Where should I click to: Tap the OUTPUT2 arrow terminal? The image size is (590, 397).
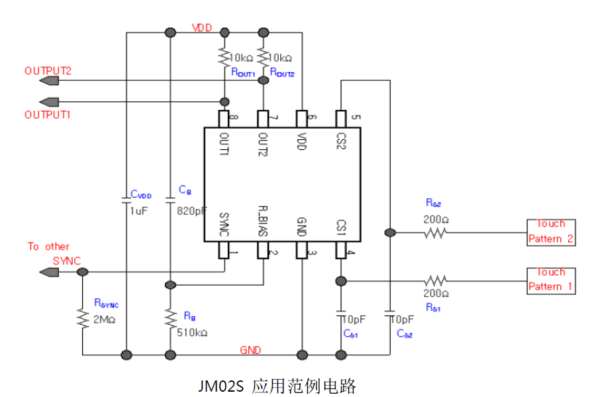[x=48, y=81]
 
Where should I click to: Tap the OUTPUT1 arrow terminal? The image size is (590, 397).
[x=48, y=101]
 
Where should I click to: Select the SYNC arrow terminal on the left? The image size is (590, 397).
[x=48, y=272]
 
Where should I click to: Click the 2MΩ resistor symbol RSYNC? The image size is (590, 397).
[x=83, y=320]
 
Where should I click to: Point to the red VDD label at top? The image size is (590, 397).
[x=202, y=28]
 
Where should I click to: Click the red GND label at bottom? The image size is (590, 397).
[x=250, y=349]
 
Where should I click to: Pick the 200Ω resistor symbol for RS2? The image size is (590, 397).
[x=436, y=233]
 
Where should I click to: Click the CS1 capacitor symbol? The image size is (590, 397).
[x=341, y=310]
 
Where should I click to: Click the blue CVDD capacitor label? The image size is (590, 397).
[x=141, y=195]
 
